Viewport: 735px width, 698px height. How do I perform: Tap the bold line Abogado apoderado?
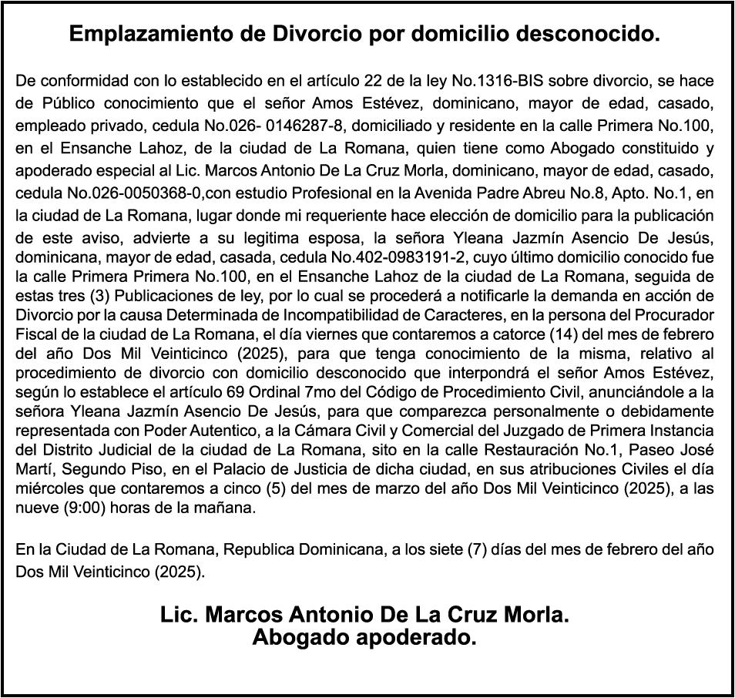(364, 639)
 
